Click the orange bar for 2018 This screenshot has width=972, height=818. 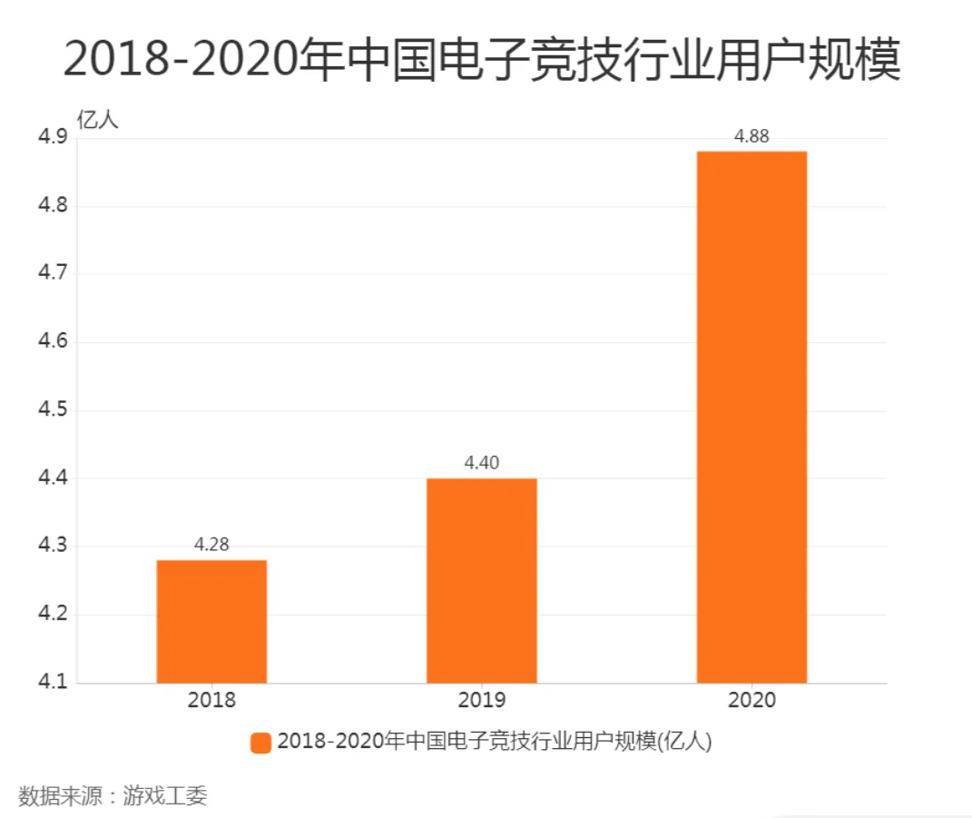211,621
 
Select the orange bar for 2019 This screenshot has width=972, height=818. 482,580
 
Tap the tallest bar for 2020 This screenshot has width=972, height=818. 751,417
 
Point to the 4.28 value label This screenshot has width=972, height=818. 211,545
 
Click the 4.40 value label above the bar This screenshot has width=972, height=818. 482,463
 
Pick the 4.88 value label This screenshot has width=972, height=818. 751,136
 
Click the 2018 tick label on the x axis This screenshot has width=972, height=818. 211,701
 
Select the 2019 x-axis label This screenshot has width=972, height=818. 482,701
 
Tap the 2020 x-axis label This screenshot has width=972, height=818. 751,701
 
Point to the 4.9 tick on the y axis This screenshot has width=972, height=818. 52,138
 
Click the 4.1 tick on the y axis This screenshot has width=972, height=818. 52,683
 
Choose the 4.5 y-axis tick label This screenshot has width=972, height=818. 52,410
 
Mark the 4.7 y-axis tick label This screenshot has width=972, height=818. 52,274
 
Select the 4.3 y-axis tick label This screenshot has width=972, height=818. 52,547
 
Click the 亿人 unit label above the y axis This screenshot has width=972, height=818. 97,119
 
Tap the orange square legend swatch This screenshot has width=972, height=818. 260,743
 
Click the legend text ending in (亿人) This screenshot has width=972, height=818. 495,743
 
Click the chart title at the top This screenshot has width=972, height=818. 482,61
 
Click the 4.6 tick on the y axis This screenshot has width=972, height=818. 52,342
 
